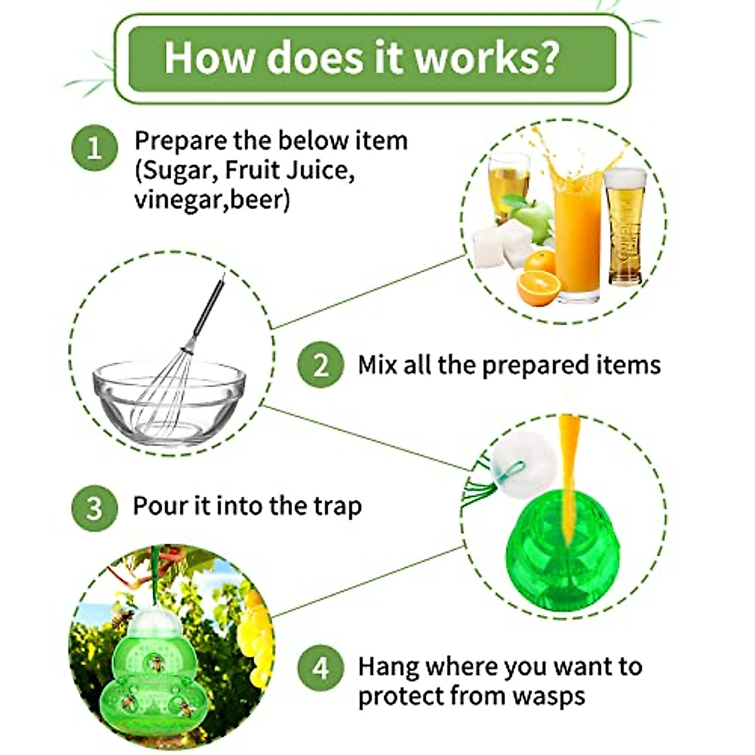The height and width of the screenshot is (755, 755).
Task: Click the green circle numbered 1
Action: [x=94, y=148]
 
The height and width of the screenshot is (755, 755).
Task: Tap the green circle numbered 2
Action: [x=320, y=365]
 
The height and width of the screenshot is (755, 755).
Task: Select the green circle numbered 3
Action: [x=94, y=508]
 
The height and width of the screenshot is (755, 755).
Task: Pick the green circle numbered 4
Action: [x=320, y=668]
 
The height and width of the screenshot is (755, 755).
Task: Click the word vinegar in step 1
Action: [x=180, y=199]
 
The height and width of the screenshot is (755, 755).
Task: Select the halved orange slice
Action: [x=538, y=288]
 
